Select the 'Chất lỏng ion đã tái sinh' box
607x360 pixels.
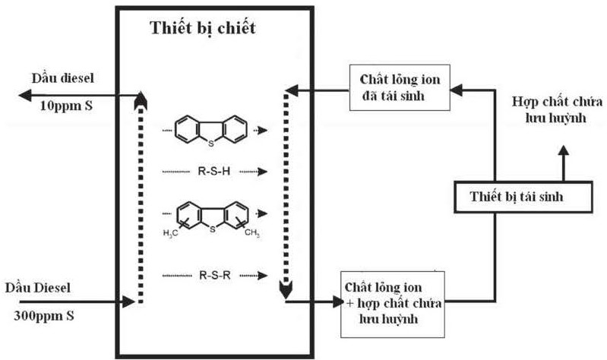click(x=397, y=87)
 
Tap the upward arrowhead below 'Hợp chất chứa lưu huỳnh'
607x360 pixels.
click(x=563, y=150)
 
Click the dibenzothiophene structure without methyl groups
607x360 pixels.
click(x=210, y=128)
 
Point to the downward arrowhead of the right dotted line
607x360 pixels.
click(x=285, y=289)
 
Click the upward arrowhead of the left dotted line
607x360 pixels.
click(x=138, y=101)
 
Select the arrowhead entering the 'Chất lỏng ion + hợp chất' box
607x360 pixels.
click(x=338, y=302)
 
